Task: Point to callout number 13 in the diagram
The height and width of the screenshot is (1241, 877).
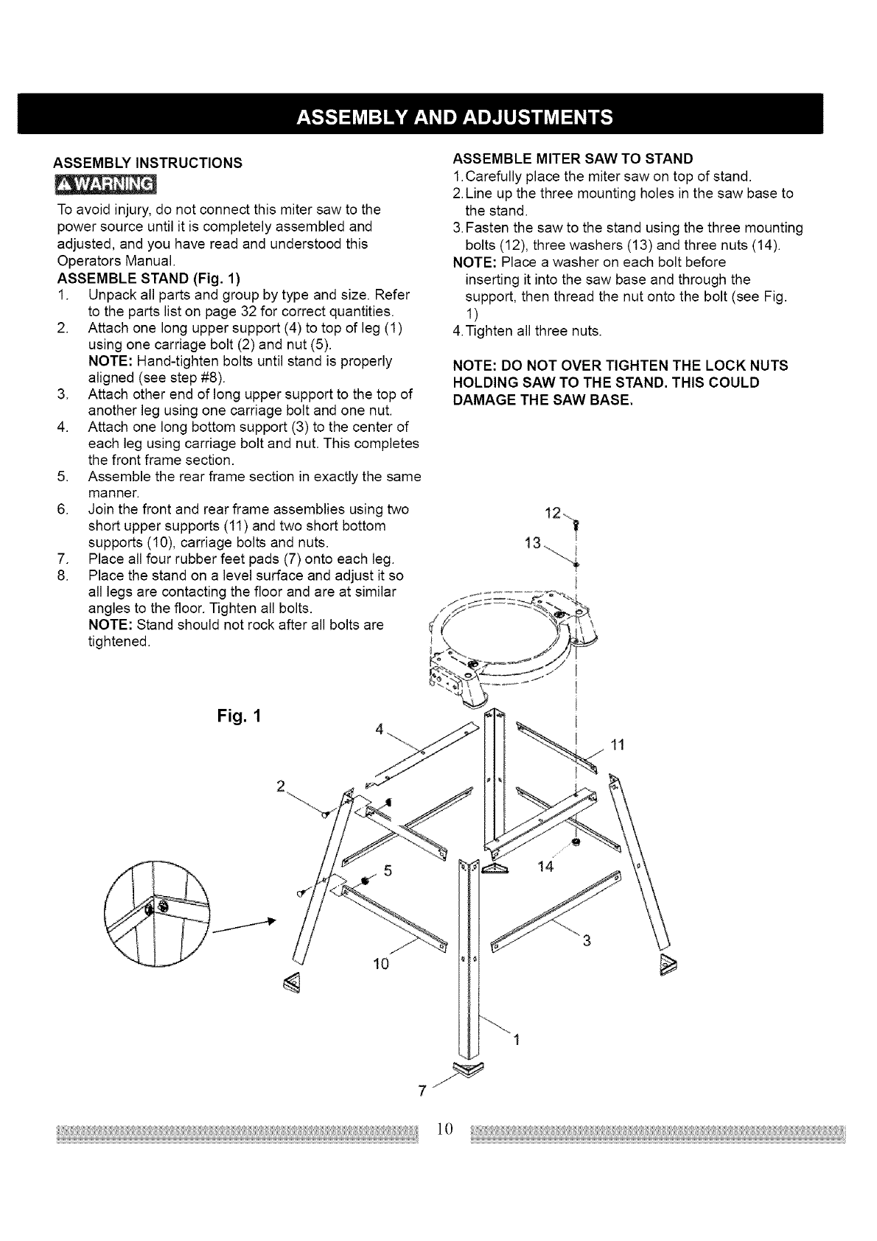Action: coord(532,544)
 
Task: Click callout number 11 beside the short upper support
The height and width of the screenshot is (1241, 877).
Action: coord(618,745)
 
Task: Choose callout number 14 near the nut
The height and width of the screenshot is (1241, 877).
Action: coord(545,867)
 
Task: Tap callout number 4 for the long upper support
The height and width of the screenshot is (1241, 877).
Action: coord(380,730)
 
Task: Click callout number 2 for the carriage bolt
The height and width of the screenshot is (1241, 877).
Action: coord(280,785)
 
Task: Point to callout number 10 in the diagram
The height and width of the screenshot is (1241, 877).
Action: coord(380,964)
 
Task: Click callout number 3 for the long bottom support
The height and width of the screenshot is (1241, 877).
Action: coord(587,940)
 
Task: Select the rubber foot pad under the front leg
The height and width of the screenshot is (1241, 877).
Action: coord(466,1069)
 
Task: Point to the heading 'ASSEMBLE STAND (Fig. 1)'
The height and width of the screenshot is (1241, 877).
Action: coord(149,279)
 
